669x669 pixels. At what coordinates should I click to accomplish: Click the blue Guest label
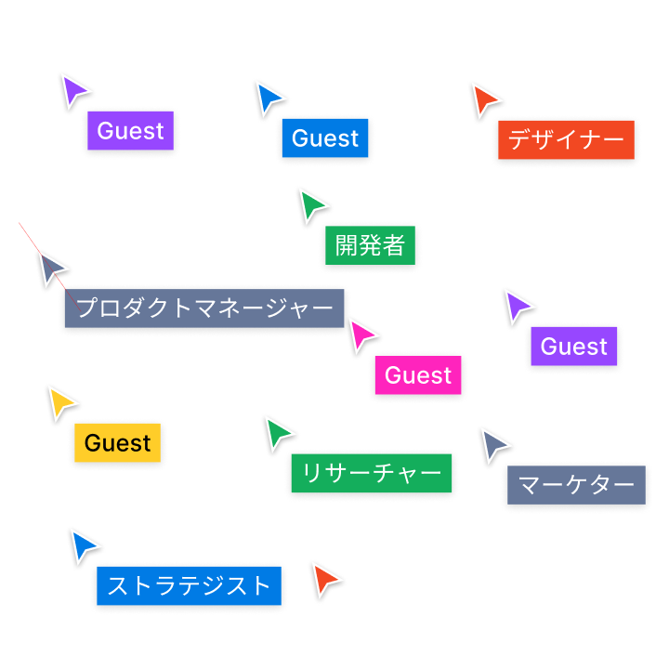(x=325, y=138)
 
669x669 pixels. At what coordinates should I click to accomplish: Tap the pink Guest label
(x=418, y=375)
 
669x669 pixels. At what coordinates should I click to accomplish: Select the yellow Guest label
(x=118, y=443)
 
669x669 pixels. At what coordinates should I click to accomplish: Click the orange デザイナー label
(x=566, y=140)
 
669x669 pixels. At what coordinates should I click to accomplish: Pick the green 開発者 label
(x=370, y=245)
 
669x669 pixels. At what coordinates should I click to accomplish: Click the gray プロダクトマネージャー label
(x=204, y=308)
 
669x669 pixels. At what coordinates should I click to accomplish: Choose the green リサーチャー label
(x=372, y=473)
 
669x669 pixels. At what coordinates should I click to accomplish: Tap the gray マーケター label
(x=575, y=485)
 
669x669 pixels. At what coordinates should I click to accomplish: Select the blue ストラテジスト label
(x=189, y=585)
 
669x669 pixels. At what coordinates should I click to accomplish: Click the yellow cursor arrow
(x=62, y=401)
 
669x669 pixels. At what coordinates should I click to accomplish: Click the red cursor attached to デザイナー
(x=484, y=98)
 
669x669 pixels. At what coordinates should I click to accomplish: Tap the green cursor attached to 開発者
(x=312, y=204)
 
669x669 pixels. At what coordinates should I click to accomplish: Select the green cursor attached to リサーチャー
(x=278, y=432)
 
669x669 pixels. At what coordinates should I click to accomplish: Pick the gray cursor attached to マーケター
(x=493, y=444)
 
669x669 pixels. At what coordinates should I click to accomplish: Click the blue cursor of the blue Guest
(x=270, y=97)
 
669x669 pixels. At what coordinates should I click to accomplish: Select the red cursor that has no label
(x=325, y=580)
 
